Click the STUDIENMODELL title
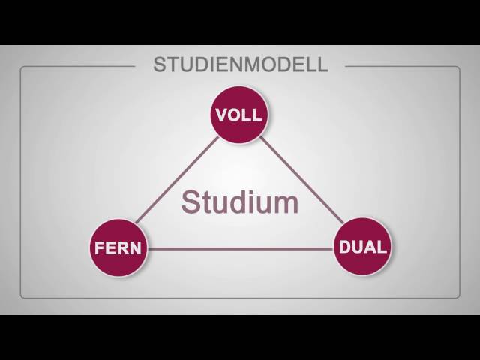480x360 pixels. (241, 64)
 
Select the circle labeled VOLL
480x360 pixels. (238, 116)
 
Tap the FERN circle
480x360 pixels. (118, 247)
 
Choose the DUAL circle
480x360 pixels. (363, 247)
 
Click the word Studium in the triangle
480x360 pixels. (240, 202)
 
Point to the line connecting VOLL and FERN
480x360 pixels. (180, 180)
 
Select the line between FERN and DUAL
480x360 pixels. (240, 247)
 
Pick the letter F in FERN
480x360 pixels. (99, 248)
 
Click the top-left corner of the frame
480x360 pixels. (22, 67)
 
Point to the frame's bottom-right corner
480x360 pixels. (458, 297)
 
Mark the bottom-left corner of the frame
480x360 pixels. (22, 297)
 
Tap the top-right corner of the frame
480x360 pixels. (458, 67)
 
